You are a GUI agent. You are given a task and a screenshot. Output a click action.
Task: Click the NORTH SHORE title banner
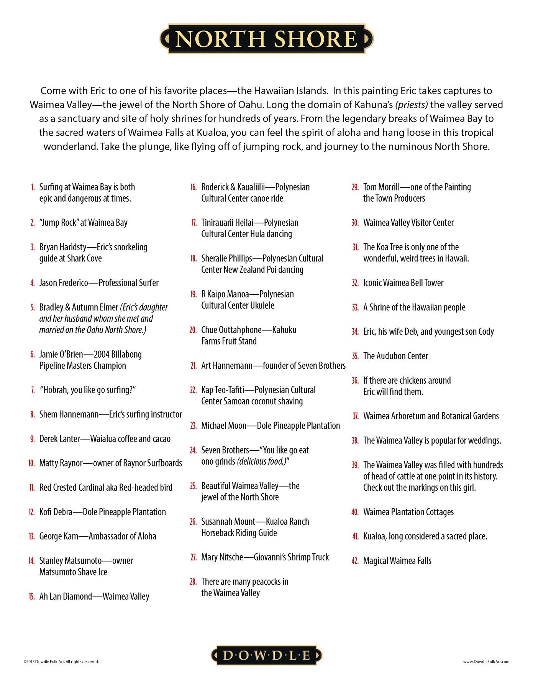266,39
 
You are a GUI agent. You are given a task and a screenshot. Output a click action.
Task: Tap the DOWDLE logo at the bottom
266,655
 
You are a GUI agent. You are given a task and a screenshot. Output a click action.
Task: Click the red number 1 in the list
33,187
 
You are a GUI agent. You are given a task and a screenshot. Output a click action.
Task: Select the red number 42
355,561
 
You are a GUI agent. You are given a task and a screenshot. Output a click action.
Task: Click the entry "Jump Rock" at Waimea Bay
83,223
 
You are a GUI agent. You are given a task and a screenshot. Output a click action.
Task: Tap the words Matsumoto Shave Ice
73,572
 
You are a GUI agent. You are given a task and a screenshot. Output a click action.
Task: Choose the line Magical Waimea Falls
397,561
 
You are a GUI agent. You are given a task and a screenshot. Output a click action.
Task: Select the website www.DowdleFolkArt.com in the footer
486,662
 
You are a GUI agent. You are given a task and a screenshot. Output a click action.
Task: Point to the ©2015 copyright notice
61,662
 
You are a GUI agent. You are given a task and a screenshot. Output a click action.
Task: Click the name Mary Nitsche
222,557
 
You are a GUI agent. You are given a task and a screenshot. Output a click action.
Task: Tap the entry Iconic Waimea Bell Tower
403,283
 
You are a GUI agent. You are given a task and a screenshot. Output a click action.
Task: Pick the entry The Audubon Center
395,356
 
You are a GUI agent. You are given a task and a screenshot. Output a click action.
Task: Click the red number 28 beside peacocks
193,582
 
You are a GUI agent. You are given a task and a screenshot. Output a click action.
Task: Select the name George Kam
59,536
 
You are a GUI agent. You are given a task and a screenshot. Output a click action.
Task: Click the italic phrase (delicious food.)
262,462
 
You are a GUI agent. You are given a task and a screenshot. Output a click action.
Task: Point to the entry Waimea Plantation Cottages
408,512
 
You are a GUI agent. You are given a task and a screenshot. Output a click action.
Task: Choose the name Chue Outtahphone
231,330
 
